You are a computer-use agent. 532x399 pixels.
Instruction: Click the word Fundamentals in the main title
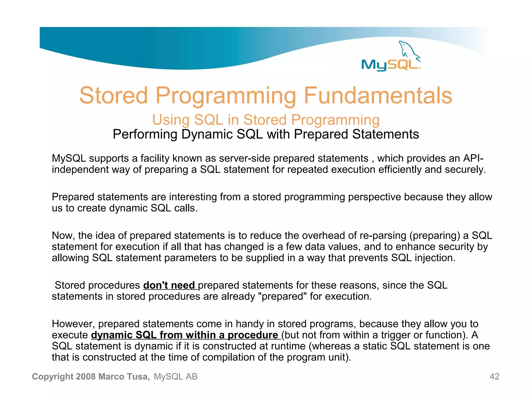pos(378,96)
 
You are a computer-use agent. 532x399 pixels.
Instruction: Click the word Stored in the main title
pos(114,96)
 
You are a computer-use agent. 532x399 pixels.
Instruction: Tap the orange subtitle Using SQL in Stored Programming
pos(266,120)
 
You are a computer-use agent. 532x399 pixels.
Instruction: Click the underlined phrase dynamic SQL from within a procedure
pos(185,335)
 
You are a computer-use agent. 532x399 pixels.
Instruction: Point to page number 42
pos(494,376)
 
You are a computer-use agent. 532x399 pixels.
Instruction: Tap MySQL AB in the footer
pos(176,376)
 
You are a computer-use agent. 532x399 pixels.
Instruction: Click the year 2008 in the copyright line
pos(86,376)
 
